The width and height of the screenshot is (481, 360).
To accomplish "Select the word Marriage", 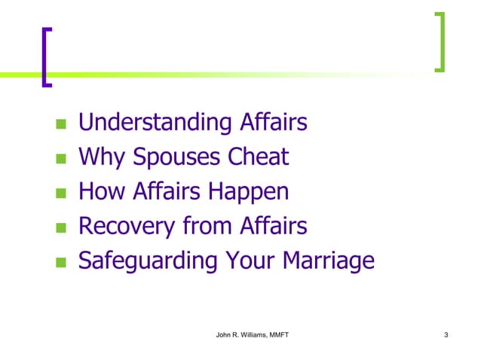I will [327, 261].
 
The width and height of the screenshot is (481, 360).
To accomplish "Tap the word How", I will [103, 191].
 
